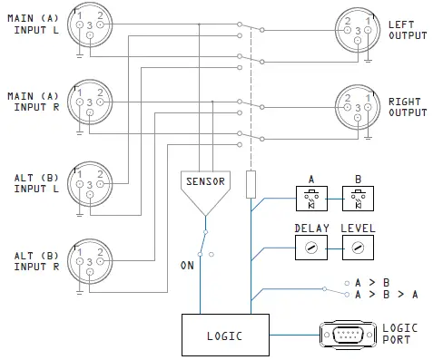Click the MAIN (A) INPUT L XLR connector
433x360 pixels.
click(x=89, y=26)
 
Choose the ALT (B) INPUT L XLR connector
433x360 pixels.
click(x=89, y=180)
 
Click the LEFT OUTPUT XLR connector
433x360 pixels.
click(x=356, y=26)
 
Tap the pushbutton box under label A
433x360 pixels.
click(x=310, y=198)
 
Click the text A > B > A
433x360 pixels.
click(x=387, y=295)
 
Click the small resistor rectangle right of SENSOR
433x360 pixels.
click(x=250, y=183)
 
